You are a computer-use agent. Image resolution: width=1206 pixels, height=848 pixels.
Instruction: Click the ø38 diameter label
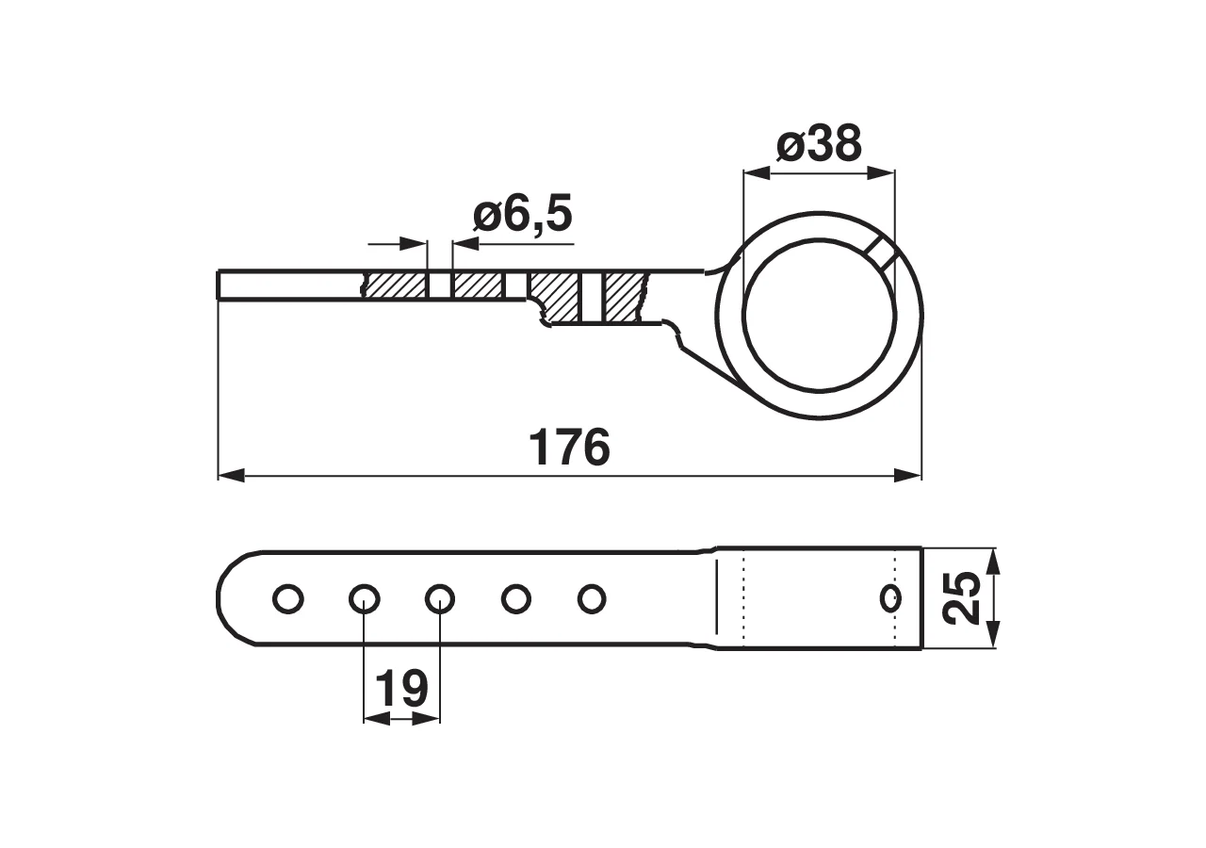pyautogui.click(x=819, y=145)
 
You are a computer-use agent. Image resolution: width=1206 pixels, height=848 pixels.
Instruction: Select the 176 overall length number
pyautogui.click(x=570, y=447)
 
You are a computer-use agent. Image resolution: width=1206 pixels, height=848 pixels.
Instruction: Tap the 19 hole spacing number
pyautogui.click(x=401, y=689)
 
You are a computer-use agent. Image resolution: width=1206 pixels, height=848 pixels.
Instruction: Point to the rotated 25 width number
pyautogui.click(x=963, y=597)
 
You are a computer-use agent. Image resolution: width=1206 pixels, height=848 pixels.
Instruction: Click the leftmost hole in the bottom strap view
pyautogui.click(x=288, y=598)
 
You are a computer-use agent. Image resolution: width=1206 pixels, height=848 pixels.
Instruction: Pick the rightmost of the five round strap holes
pyautogui.click(x=592, y=598)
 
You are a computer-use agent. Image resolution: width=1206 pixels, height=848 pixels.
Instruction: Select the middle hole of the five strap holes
pyautogui.click(x=440, y=598)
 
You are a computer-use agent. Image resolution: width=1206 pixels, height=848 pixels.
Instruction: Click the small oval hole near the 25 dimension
pyautogui.click(x=890, y=597)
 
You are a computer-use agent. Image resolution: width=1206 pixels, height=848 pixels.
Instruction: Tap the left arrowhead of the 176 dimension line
pyautogui.click(x=232, y=476)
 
